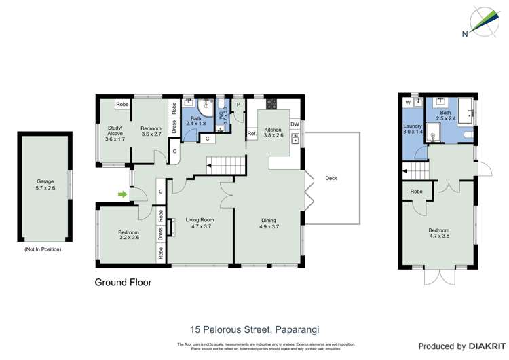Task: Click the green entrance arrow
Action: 123,196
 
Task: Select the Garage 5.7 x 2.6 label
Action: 47,185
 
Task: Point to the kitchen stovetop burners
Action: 271,104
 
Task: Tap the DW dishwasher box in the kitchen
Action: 295,124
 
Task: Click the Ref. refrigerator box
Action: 251,134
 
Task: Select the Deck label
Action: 331,179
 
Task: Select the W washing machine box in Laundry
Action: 408,103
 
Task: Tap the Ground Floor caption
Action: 123,282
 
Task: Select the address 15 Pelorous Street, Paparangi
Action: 254,329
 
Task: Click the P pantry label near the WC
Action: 238,105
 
